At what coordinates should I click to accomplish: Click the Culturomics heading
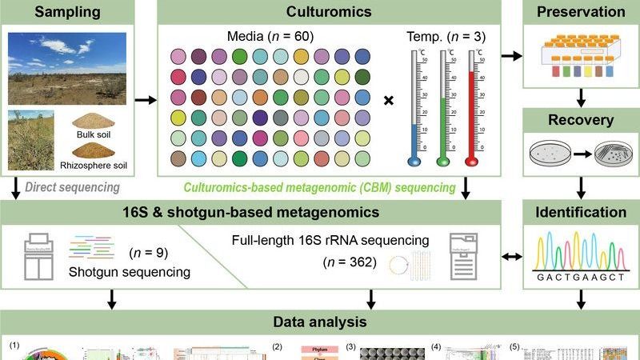[x=330, y=12]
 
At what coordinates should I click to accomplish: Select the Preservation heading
[x=581, y=12]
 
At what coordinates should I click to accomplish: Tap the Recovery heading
[x=581, y=121]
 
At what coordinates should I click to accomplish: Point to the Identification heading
[x=581, y=213]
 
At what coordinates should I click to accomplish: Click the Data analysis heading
[x=320, y=322]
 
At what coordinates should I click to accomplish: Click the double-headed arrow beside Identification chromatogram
[x=510, y=258]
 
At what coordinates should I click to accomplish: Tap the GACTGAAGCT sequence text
[x=582, y=284]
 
